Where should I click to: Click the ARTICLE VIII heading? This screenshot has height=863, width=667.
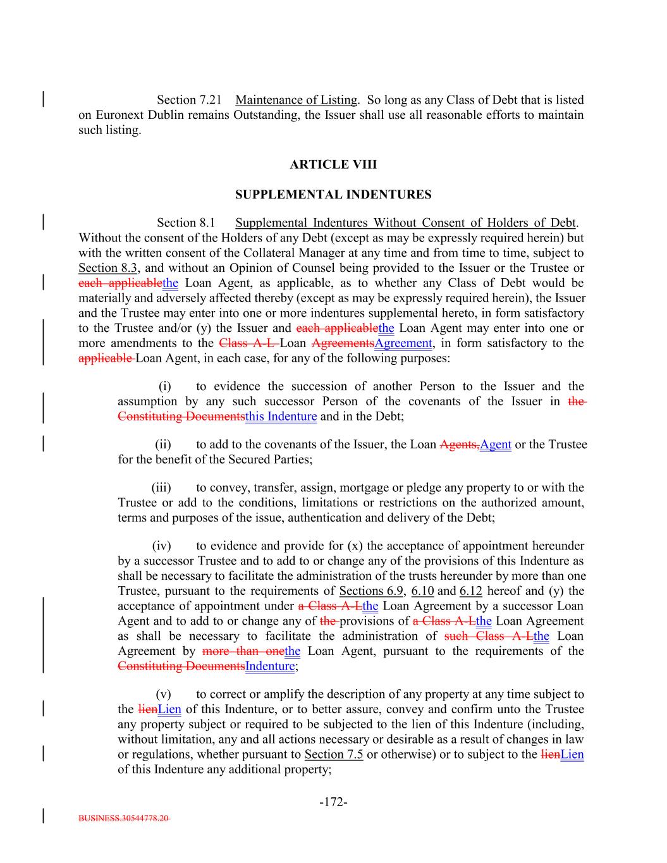click(x=333, y=164)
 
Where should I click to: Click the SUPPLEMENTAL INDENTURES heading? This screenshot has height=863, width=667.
click(x=333, y=195)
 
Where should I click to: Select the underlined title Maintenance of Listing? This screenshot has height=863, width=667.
click(x=297, y=100)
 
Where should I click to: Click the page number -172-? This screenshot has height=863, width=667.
click(x=333, y=802)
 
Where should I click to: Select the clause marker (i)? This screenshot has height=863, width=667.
click(x=164, y=386)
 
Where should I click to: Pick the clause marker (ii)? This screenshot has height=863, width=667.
click(x=163, y=444)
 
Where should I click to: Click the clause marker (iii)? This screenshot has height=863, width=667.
click(x=162, y=487)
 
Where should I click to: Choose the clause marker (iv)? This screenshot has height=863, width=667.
click(x=162, y=546)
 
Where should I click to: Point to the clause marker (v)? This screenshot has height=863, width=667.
click(x=163, y=694)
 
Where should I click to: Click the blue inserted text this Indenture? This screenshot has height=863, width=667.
click(x=281, y=417)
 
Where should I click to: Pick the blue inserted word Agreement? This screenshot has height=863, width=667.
click(x=403, y=343)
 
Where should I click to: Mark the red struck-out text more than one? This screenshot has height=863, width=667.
click(x=243, y=651)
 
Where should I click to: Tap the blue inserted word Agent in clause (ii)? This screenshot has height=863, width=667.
click(x=496, y=444)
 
